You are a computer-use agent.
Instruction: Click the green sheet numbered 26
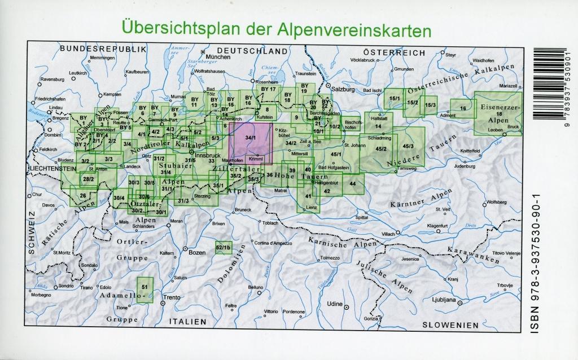tap(83, 196)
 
